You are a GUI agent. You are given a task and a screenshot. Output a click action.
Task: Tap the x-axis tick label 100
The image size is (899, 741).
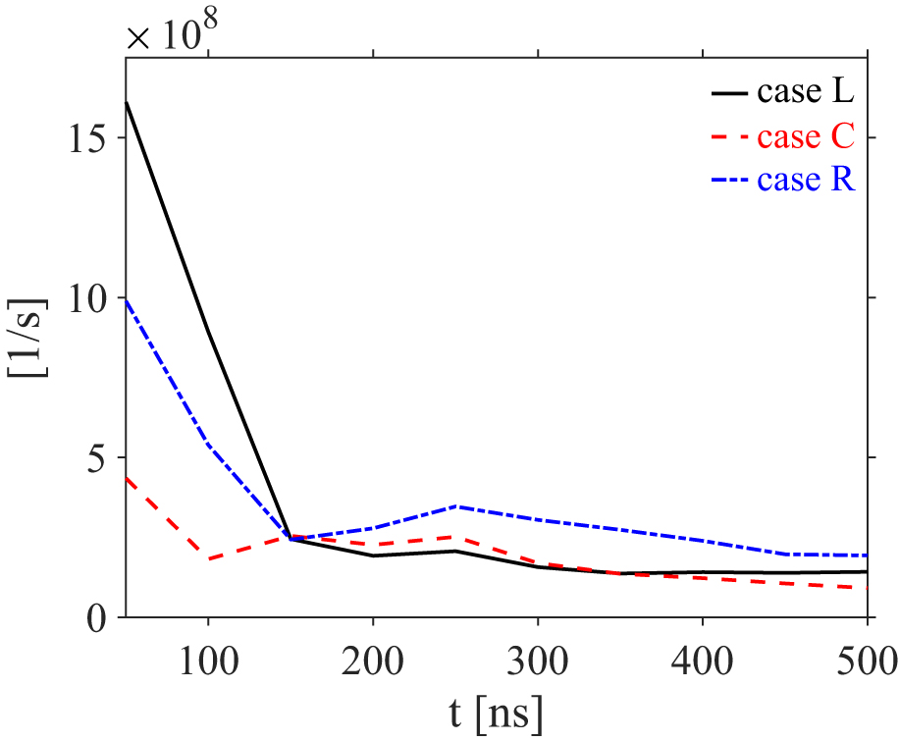(x=208, y=654)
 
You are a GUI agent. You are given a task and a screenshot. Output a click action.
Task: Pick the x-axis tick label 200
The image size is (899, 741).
(x=373, y=654)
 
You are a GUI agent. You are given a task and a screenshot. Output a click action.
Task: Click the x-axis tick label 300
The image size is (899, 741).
(x=538, y=654)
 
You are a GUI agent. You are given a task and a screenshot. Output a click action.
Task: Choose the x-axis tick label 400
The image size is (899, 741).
(x=703, y=654)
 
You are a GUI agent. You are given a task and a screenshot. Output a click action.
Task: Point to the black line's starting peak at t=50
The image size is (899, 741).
(x=127, y=102)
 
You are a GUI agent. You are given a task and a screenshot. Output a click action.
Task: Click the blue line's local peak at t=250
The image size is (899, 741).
(x=455, y=506)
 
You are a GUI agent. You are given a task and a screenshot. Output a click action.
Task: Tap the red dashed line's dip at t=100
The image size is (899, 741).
(x=208, y=559)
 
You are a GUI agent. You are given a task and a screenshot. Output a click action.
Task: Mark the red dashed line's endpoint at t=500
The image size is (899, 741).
(x=868, y=588)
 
